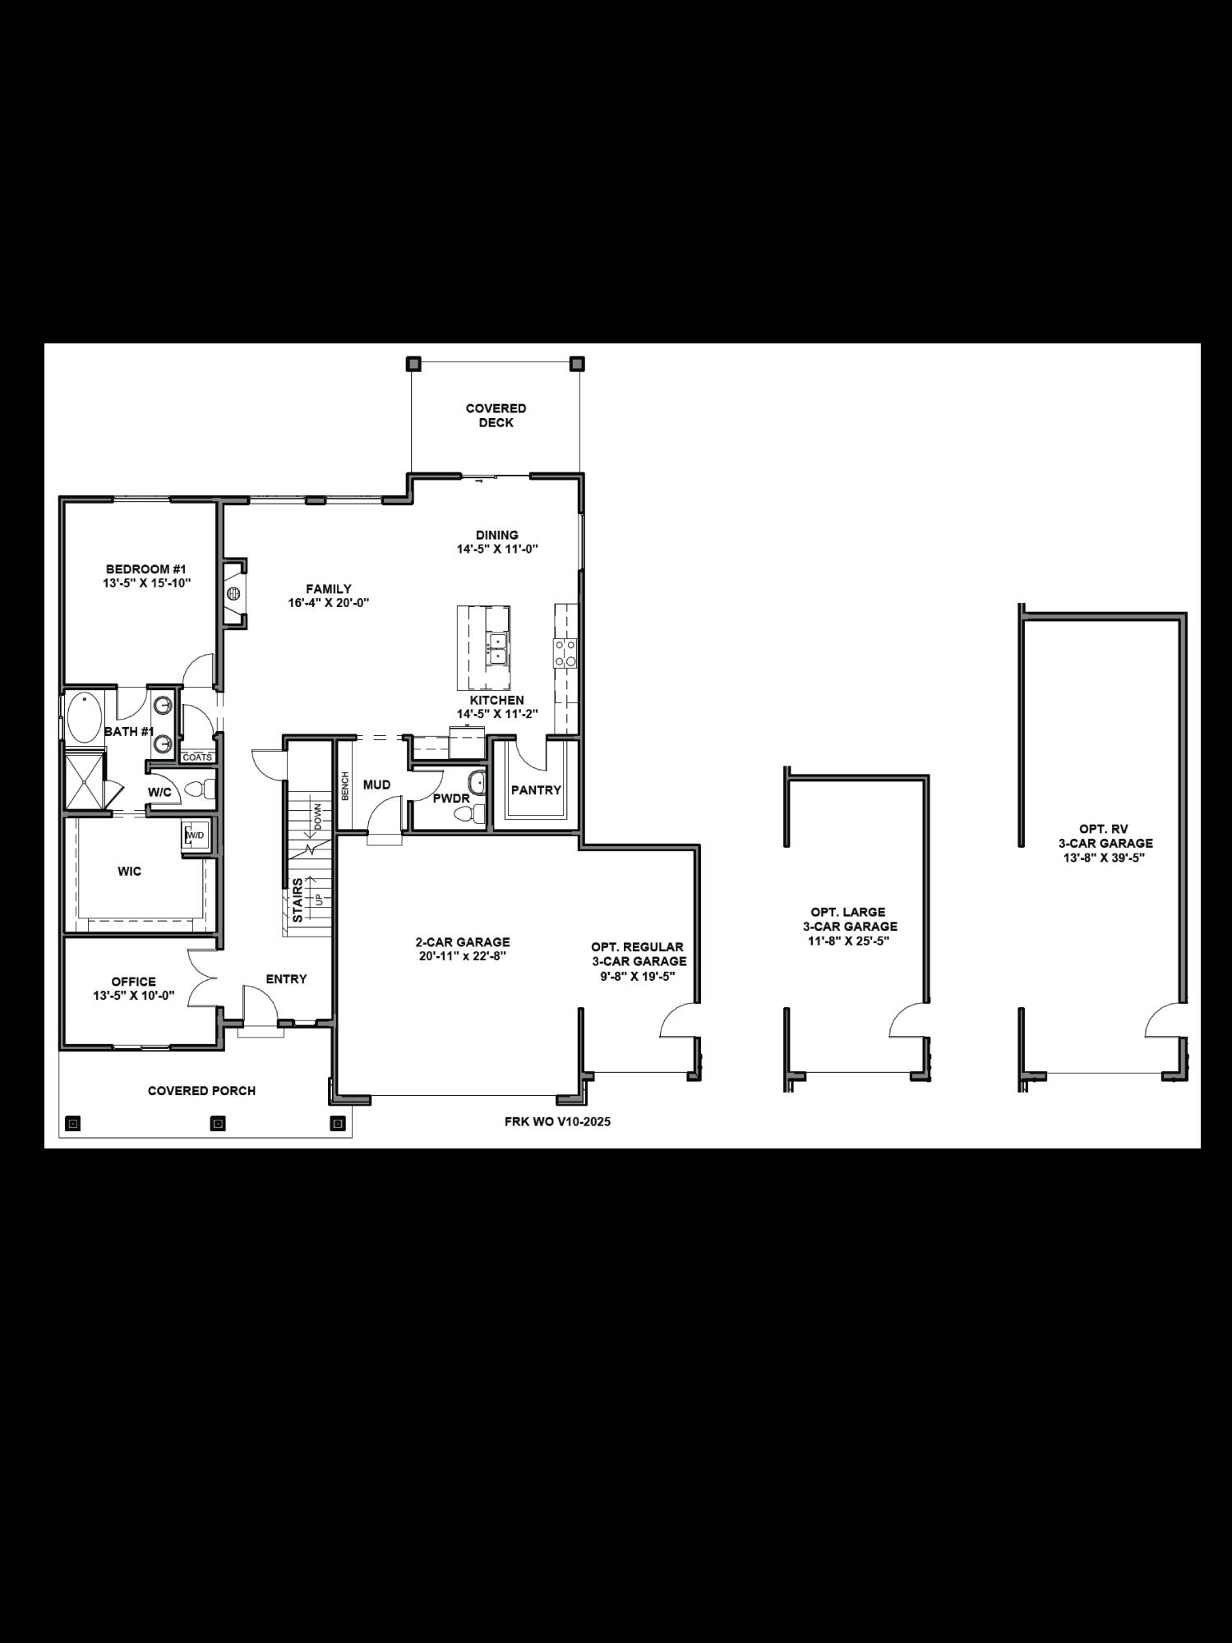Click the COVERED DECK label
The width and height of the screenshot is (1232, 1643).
pyautogui.click(x=496, y=415)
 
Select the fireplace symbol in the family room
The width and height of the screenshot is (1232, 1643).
pyautogui.click(x=234, y=592)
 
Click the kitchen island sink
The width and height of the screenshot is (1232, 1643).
pyautogui.click(x=497, y=648)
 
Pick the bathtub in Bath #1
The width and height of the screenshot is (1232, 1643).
pyautogui.click(x=83, y=717)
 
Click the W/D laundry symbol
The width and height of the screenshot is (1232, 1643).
pyautogui.click(x=194, y=835)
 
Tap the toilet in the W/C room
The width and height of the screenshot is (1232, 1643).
pyautogui.click(x=198, y=791)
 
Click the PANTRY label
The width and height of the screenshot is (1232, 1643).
pyautogui.click(x=536, y=790)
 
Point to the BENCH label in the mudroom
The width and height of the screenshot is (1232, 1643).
pyautogui.click(x=346, y=786)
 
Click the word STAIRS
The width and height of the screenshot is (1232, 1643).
pyautogui.click(x=298, y=900)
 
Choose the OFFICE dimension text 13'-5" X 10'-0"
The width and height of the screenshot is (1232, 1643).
pyautogui.click(x=134, y=996)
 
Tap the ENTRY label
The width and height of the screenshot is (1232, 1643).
pyautogui.click(x=286, y=979)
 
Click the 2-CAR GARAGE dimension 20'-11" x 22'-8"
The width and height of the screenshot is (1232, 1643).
pyautogui.click(x=462, y=956)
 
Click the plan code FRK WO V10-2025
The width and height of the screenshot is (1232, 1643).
pyautogui.click(x=557, y=1121)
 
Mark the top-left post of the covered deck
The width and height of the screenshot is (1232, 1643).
pyautogui.click(x=413, y=363)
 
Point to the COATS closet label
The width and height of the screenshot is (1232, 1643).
pyautogui.click(x=197, y=757)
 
